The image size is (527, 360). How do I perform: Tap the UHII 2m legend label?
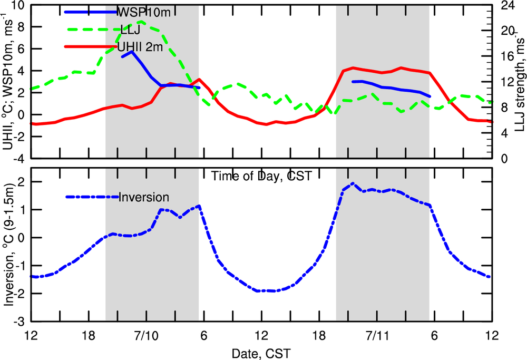(x=140, y=47)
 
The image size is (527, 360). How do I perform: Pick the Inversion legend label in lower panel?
(x=144, y=198)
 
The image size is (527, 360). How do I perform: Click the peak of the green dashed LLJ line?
(x=141, y=22)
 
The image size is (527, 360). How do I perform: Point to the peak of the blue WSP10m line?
(x=132, y=52)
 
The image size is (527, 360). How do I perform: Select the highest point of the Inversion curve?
(x=353, y=183)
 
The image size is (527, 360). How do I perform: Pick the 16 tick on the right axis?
(x=506, y=57)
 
